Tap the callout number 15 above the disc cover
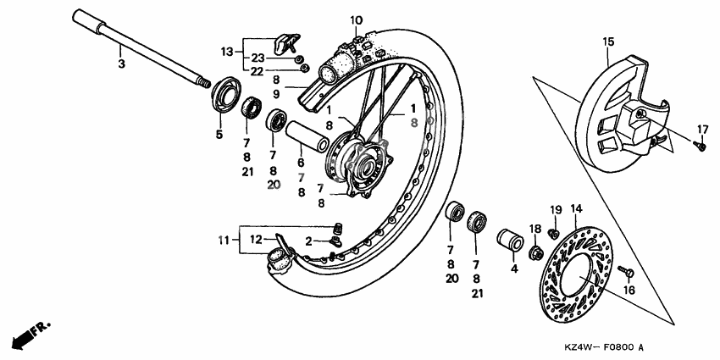pos(608,42)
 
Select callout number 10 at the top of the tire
pos(356,19)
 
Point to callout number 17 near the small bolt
pos(702,129)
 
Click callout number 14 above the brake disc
pos(576,208)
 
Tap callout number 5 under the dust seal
pos(219,135)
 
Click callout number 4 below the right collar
pos(512,269)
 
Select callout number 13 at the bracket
pos(226,52)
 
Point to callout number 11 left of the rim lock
pos(222,240)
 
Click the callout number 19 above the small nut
pos(556,209)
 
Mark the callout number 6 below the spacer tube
pos(300,163)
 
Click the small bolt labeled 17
pos(700,146)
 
